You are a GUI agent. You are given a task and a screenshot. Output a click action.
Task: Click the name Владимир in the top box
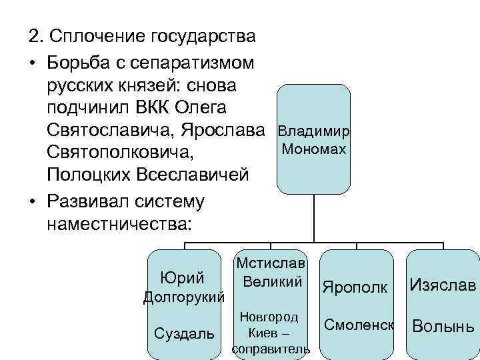313,131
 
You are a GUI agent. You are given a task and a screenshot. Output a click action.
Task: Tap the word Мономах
314,149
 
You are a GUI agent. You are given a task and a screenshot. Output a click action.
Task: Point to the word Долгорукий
184,297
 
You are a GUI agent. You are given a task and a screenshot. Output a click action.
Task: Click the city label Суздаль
184,332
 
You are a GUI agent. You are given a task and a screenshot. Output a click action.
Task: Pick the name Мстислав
271,262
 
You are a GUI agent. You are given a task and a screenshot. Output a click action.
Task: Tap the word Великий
273,281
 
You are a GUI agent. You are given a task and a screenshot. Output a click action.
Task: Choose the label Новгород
269,317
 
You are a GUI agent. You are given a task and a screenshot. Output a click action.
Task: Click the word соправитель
271,349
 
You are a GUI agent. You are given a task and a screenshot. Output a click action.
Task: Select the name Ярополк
354,287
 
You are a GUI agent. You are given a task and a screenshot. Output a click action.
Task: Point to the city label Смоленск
359,325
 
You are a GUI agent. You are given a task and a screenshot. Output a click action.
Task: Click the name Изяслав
443,286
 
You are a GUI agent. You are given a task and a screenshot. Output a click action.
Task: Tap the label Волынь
443,327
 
